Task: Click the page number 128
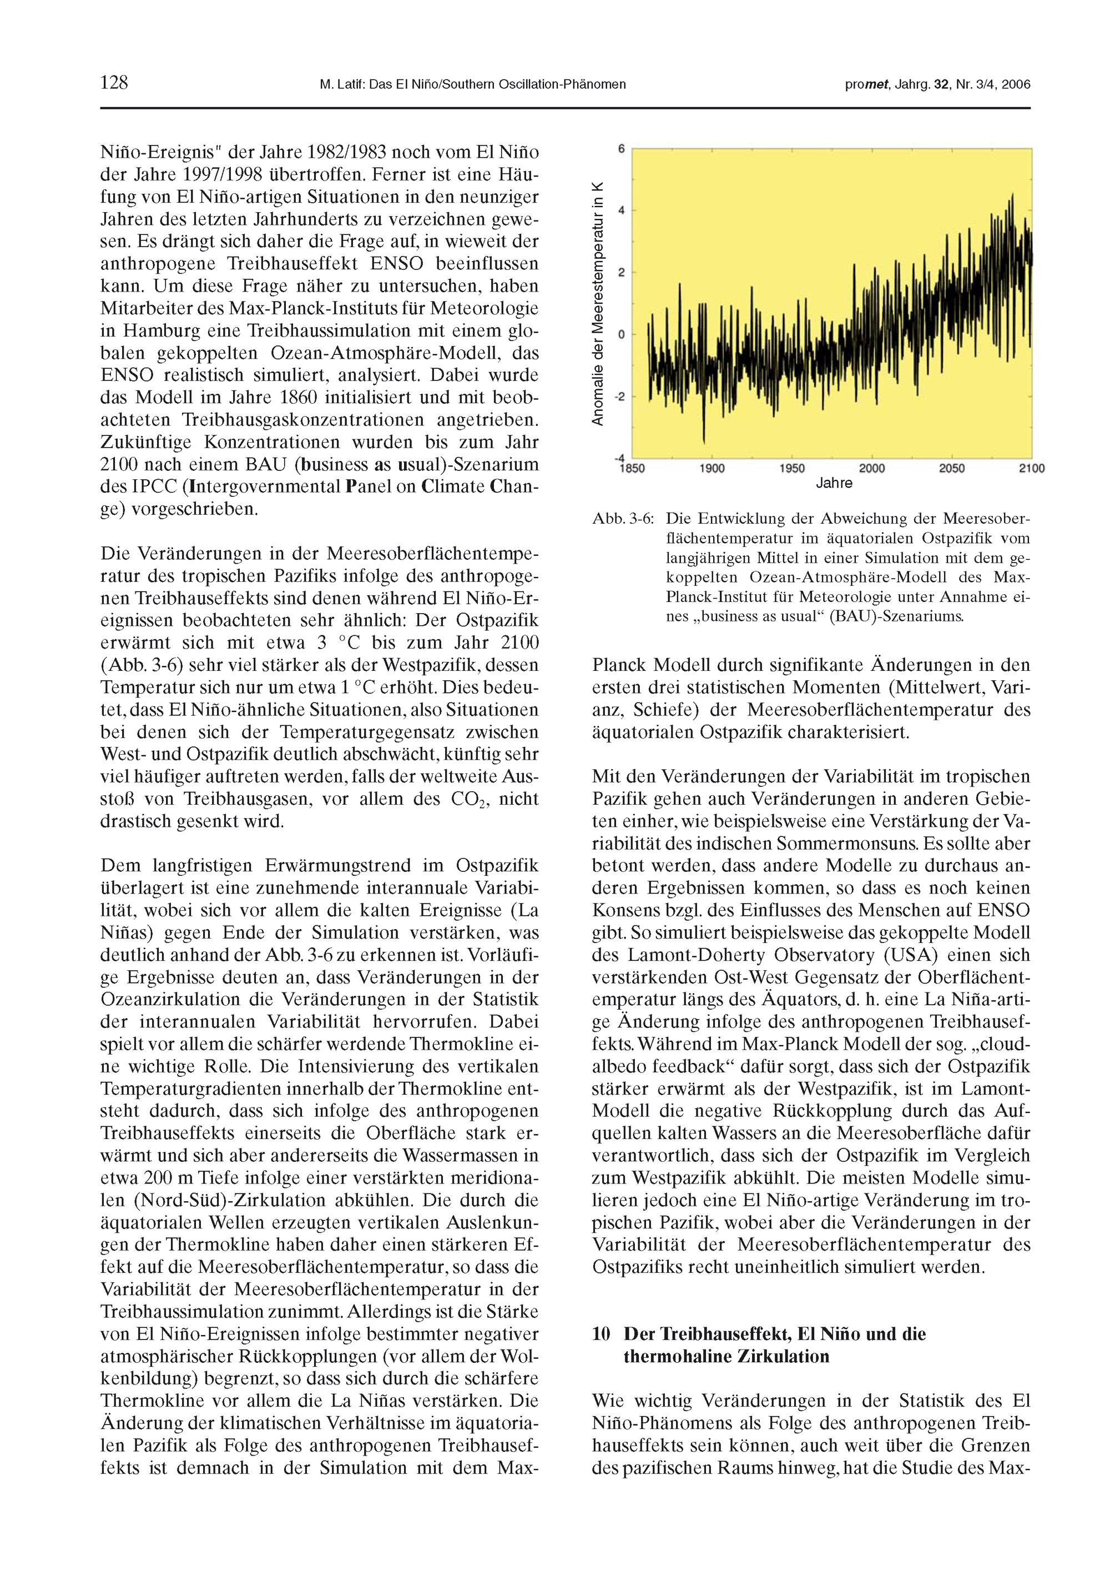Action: (114, 83)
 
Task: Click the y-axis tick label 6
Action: (622, 148)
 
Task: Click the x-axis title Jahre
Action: (834, 484)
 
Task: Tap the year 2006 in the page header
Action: (1016, 85)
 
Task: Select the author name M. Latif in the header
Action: (342, 85)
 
